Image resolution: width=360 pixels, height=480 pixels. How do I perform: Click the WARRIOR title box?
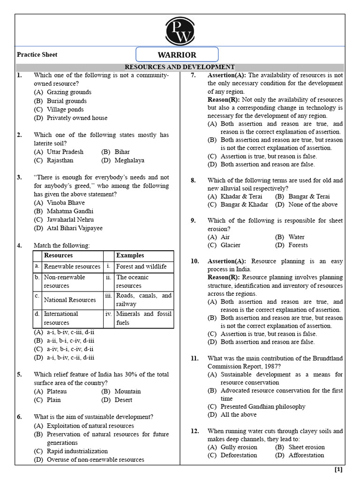tap(177, 55)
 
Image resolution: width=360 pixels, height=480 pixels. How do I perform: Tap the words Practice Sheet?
tap(37, 55)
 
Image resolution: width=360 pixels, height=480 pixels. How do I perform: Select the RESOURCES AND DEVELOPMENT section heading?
tap(180, 67)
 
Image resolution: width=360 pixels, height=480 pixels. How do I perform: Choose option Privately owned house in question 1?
tap(77, 118)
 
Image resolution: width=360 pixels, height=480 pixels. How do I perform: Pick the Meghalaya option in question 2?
tap(129, 160)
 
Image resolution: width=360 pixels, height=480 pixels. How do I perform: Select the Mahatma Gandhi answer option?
tap(70, 211)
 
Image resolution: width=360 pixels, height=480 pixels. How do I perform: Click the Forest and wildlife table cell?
tap(141, 267)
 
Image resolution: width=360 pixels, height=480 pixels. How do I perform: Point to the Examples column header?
tap(130, 255)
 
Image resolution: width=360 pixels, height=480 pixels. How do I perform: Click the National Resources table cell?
tap(70, 300)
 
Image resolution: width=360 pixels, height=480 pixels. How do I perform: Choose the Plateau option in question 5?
tap(57, 391)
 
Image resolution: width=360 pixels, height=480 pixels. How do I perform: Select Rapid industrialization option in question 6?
tap(77, 451)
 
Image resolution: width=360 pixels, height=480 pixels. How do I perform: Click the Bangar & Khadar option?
tap(244, 204)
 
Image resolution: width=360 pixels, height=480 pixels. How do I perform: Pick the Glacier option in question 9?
tap(230, 245)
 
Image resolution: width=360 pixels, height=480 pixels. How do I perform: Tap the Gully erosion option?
tap(239, 447)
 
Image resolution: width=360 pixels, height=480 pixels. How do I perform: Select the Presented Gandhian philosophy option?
tap(262, 407)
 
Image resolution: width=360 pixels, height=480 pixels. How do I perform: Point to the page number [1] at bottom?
tap(338, 470)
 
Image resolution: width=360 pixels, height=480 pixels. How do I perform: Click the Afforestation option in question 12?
tap(306, 455)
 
